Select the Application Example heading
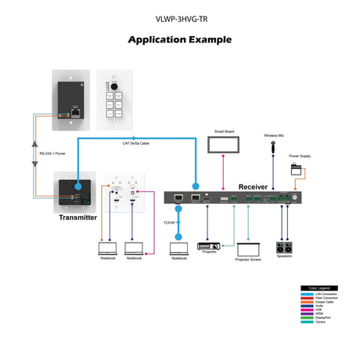pyautogui.click(x=179, y=39)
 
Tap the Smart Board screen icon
pyautogui.click(x=225, y=145)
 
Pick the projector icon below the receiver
pyautogui.click(x=208, y=245)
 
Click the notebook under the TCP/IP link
pyautogui.click(x=178, y=249)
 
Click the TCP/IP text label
pyautogui.click(x=169, y=223)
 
